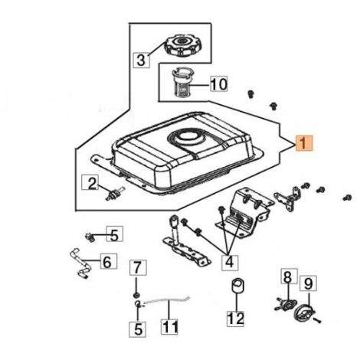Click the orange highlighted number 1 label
(x=303, y=142)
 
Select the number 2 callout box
(x=90, y=182)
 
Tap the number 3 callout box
(x=142, y=60)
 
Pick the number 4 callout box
(x=230, y=262)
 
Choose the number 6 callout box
(x=109, y=261)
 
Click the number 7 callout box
(x=138, y=267)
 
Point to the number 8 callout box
(x=290, y=277)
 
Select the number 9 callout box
(x=308, y=283)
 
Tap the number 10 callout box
(x=219, y=83)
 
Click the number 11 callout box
(x=169, y=326)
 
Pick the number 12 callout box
(x=236, y=319)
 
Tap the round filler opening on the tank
(x=188, y=138)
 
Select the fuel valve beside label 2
(x=115, y=195)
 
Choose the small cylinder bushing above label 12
(x=237, y=286)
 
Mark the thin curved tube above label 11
(x=167, y=300)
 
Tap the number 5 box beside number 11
(x=138, y=329)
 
